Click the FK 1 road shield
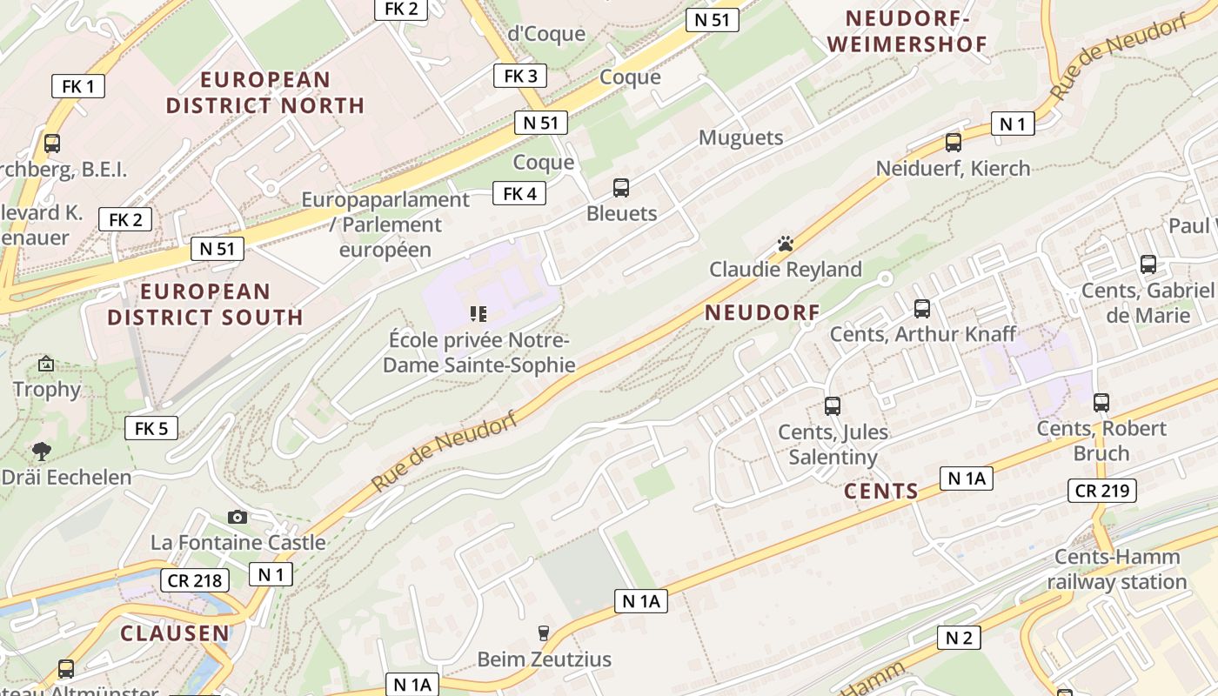coord(78,86)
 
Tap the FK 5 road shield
coord(151,428)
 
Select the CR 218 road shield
coord(194,580)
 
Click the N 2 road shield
coord(959,638)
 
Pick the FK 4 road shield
coord(519,193)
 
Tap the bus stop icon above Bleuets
coord(621,187)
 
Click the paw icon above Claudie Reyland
coord(786,244)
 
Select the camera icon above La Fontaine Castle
coord(237,518)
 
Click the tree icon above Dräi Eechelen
coord(41,451)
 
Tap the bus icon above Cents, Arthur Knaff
coord(922,308)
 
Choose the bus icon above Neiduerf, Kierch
coord(954,142)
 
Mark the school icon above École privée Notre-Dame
coord(478,313)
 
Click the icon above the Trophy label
coord(46,364)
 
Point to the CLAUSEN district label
coord(175,633)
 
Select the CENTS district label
coord(881,492)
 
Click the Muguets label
coord(741,137)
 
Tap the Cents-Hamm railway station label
coord(1117,569)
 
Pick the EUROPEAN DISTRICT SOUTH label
coord(205,304)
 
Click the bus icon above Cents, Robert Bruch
coord(1101,402)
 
